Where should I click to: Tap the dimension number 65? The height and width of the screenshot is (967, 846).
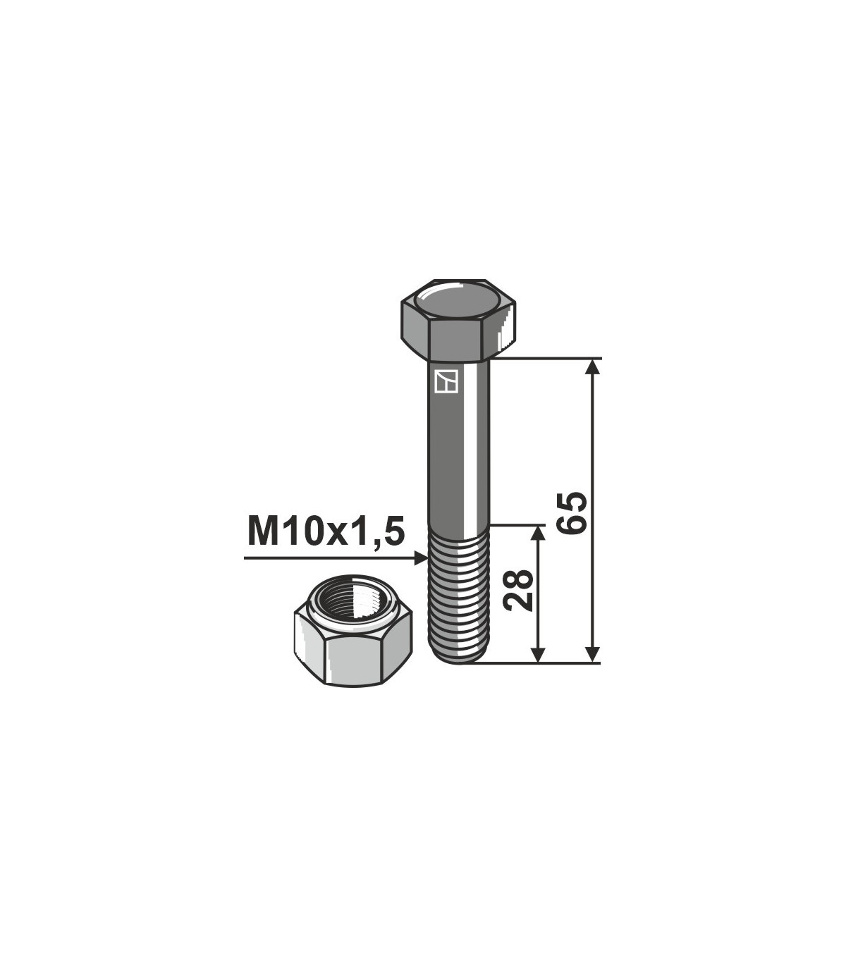point(572,513)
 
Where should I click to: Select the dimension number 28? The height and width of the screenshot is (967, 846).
point(518,591)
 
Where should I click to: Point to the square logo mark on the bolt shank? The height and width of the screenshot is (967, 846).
point(446,381)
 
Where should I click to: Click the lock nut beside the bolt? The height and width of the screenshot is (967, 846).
point(353,632)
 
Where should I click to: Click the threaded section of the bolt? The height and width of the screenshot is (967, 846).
point(458,595)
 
